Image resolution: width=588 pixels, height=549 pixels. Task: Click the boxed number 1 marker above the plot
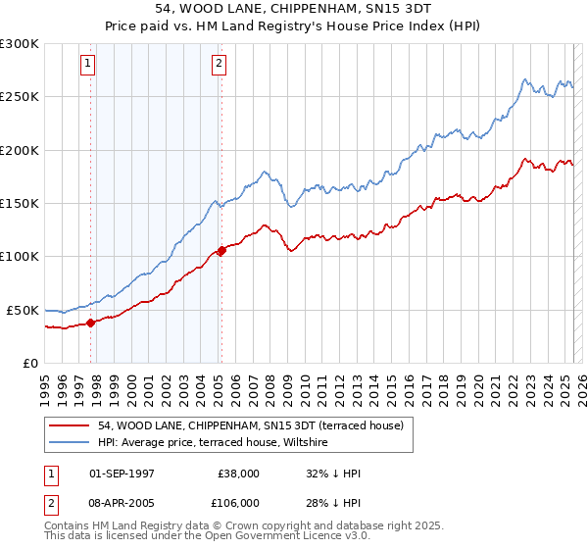[x=87, y=65]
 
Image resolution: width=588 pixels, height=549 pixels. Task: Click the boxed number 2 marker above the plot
[x=218, y=65]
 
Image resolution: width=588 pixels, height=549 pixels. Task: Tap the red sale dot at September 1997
[x=90, y=322]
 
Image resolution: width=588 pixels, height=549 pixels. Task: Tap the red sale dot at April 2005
[x=221, y=250]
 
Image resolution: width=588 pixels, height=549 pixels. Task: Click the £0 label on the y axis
[x=28, y=364]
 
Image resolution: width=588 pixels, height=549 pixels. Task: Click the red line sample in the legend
[x=70, y=425]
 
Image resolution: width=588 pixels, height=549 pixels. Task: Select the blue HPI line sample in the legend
[x=70, y=443]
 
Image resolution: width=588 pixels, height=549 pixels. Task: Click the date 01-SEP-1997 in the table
[x=122, y=474]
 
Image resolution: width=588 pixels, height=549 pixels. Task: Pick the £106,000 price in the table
[x=239, y=503]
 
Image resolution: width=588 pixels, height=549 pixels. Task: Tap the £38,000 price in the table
[x=239, y=474]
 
